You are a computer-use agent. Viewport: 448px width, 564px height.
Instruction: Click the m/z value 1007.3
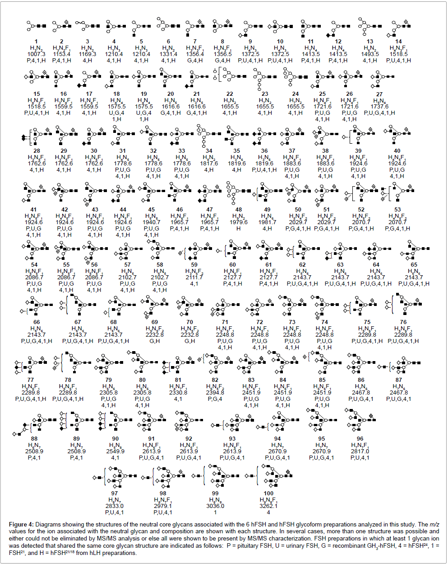tap(37, 54)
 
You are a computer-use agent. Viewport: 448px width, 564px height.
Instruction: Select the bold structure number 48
tap(239, 209)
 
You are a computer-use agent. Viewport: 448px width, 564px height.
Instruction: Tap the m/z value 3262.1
tap(268, 506)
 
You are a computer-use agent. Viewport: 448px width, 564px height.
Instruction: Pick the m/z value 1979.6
tap(239, 222)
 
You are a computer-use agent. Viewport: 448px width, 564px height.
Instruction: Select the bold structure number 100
tap(268, 493)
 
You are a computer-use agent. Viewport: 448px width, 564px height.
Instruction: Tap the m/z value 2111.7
tap(194, 277)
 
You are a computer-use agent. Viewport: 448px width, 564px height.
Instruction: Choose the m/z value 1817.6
tap(209, 164)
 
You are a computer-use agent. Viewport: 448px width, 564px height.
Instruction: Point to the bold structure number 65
tap(414, 265)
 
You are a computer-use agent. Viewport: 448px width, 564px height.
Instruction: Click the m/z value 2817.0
tap(360, 451)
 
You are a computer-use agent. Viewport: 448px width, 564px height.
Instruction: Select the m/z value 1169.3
tap(88, 54)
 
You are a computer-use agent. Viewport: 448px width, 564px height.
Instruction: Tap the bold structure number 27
tap(379, 94)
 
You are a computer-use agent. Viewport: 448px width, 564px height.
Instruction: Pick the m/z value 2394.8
tap(215, 392)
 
